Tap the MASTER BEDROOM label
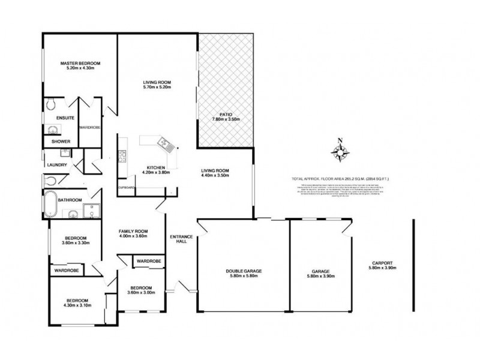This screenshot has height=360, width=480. (x=80, y=63)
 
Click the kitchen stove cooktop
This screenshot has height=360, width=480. (x=122, y=158)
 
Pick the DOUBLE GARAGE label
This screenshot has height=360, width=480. (x=242, y=271)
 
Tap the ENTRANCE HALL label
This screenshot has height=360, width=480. (x=181, y=239)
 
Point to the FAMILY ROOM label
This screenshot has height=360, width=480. (x=133, y=232)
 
